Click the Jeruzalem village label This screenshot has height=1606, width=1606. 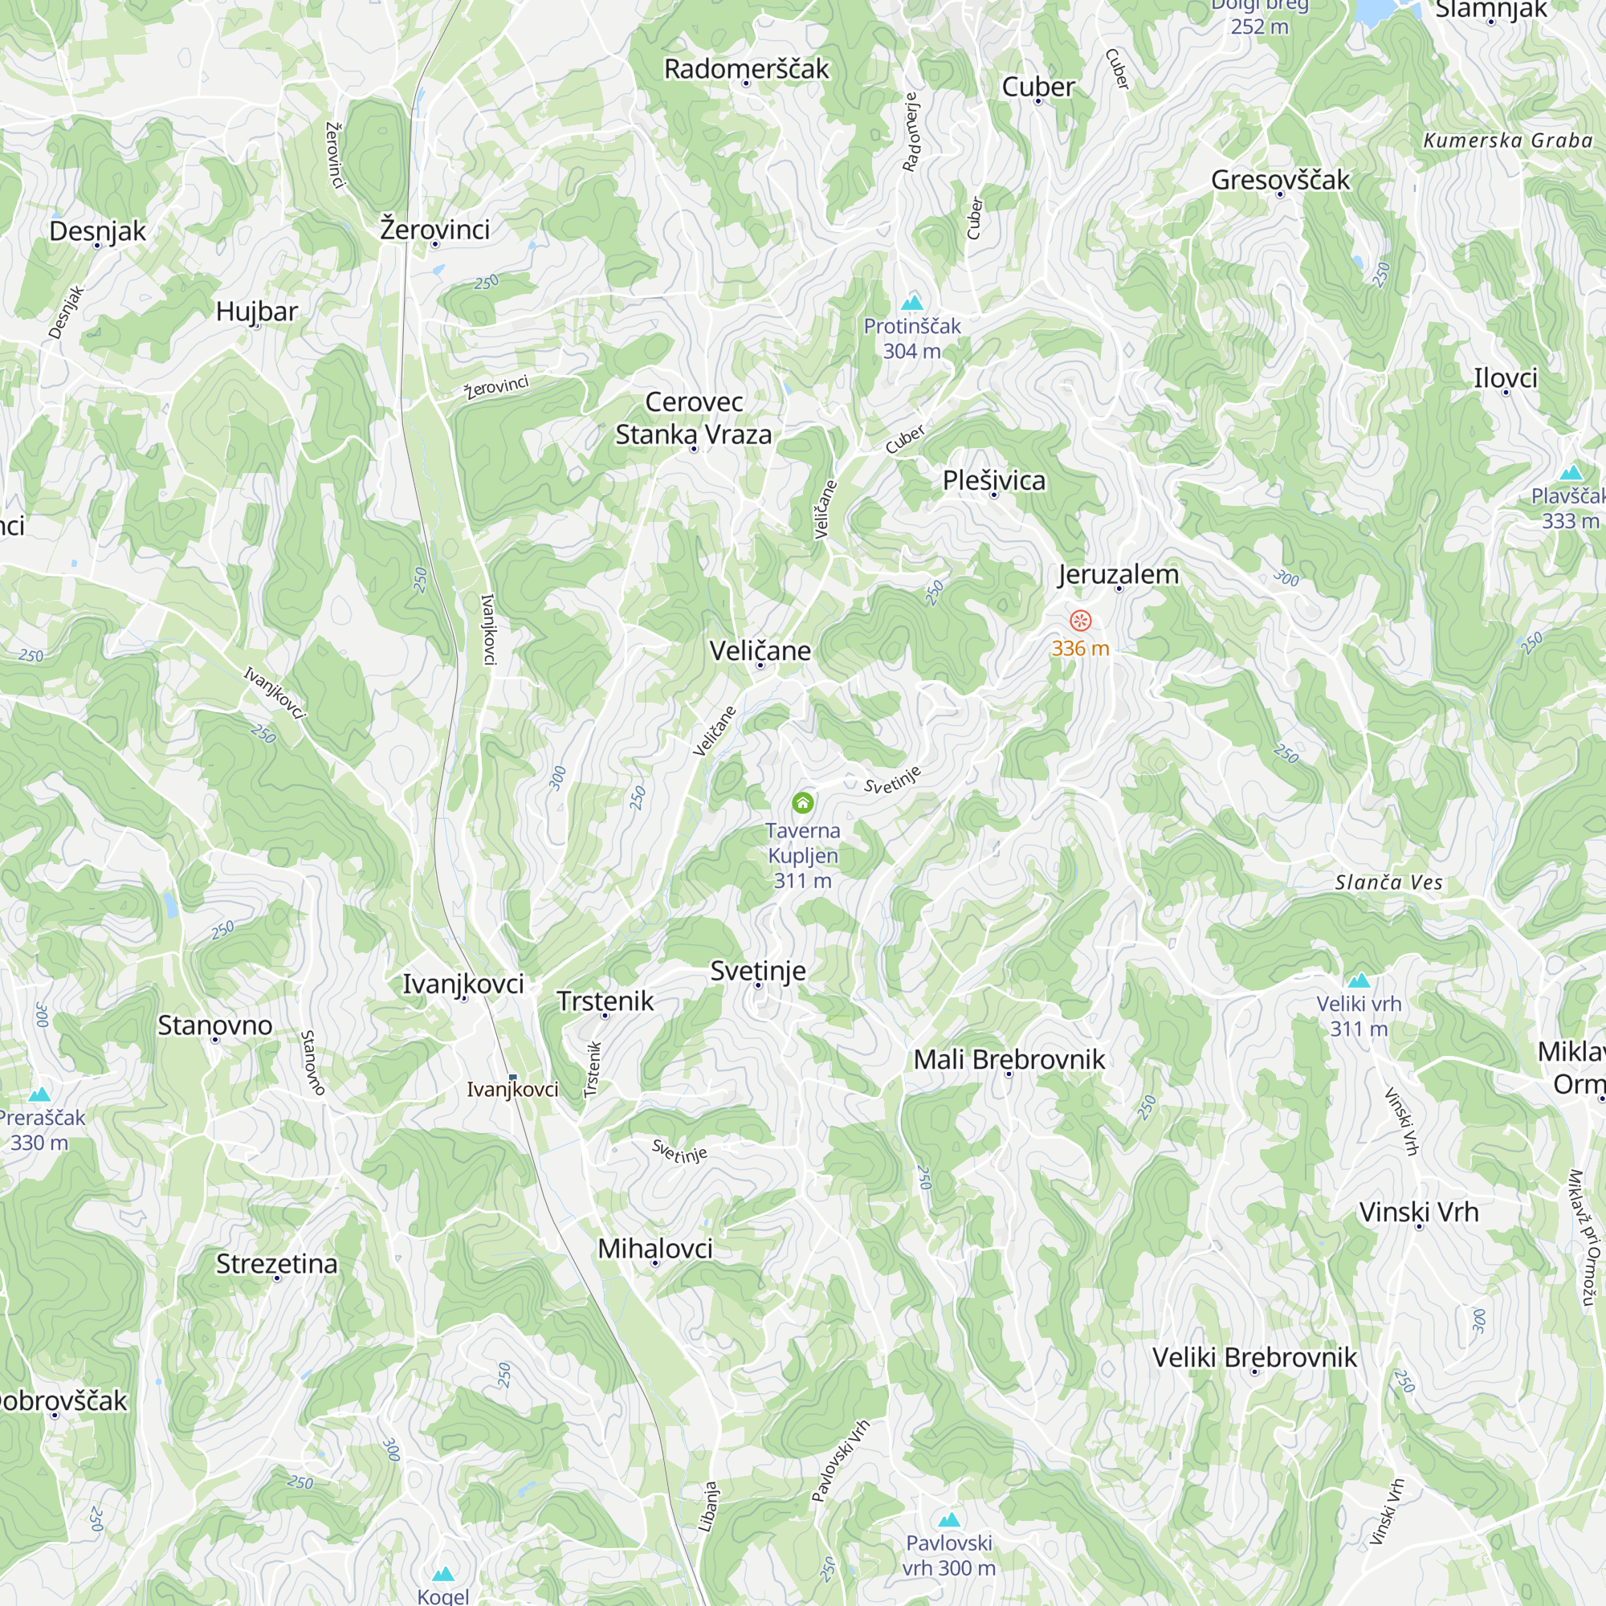click(1118, 574)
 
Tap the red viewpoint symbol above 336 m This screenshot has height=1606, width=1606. click(1080, 620)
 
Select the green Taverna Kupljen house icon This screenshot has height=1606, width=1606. click(802, 802)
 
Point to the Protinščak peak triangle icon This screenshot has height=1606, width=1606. click(912, 302)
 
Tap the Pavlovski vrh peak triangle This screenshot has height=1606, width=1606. click(948, 1520)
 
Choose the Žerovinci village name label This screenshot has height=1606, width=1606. click(434, 229)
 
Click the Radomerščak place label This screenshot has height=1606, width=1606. click(746, 69)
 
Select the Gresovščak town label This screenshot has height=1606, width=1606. click(1280, 180)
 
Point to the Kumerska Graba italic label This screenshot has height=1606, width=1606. click(1507, 141)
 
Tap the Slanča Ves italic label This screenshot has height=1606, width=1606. click(1388, 882)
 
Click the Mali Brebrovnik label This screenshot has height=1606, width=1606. click(1009, 1059)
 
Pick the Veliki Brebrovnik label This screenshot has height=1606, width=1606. click(1254, 1356)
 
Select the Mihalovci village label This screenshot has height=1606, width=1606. click(655, 1248)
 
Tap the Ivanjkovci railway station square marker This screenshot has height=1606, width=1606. click(512, 1078)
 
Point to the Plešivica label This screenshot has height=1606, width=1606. click(994, 480)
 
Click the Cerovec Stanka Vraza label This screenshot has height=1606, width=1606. click(693, 418)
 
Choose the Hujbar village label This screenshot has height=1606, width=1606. click(257, 312)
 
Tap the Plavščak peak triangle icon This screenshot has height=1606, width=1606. click(1570, 474)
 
